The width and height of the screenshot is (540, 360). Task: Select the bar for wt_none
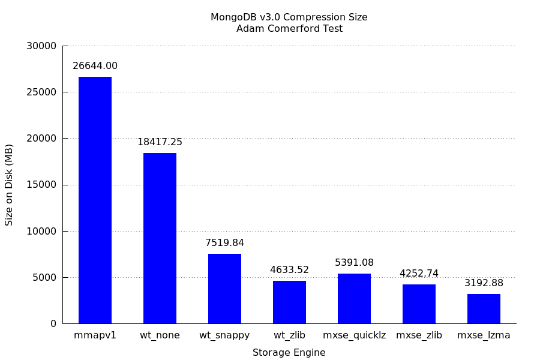coord(160,238)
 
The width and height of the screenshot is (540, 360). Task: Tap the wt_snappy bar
coord(224,289)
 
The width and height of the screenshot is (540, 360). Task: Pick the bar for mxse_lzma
coord(484,308)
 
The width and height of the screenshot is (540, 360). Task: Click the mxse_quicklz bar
coord(354,298)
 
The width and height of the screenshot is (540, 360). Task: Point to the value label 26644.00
coord(95,66)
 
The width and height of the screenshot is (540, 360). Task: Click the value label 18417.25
coord(160,142)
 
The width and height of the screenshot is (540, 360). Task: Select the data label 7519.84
coord(224,243)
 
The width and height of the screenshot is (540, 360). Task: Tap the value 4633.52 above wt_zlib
coord(289,270)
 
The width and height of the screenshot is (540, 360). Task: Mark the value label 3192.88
coord(484,283)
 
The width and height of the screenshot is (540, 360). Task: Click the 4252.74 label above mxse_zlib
coord(419,274)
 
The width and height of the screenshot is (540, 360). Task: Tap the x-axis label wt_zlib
coord(289,335)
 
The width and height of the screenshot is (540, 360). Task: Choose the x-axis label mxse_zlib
coord(419,335)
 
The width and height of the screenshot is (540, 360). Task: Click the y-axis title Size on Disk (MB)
coord(9,184)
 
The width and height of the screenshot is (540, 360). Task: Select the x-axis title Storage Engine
coord(289,353)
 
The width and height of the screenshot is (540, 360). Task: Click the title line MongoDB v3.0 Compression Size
coord(289,17)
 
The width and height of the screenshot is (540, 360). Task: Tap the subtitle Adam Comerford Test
coord(289,29)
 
